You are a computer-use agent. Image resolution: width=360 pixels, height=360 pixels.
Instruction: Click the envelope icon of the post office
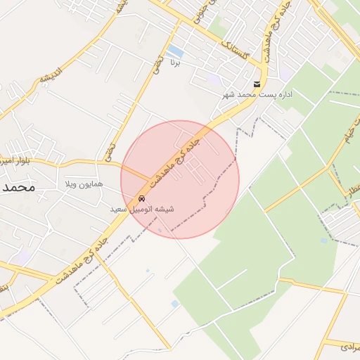tap(257, 84)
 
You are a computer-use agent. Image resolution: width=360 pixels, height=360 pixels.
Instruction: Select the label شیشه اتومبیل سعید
tap(142, 210)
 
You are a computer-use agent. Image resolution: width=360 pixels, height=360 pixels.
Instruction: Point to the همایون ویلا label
tap(84, 184)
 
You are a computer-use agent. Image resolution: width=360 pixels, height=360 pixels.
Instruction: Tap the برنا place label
tap(176, 63)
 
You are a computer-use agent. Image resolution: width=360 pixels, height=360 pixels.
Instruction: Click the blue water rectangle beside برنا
tap(176, 51)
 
